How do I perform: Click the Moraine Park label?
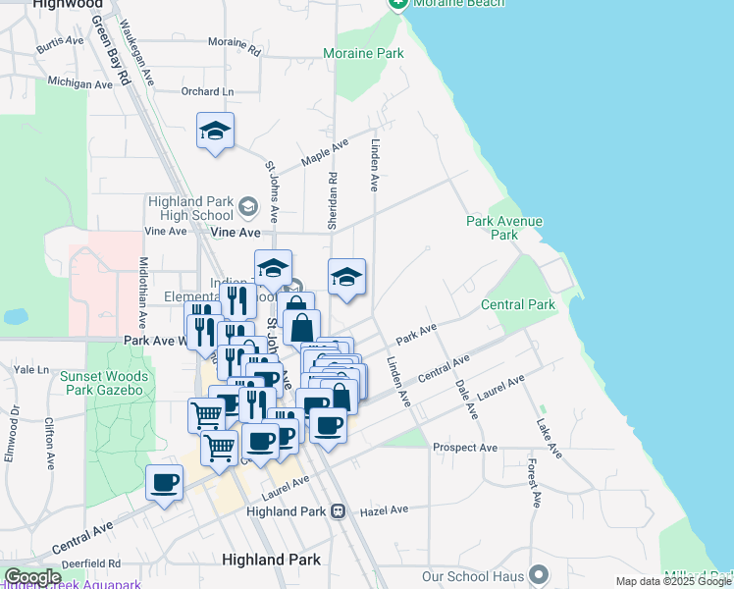[364, 53]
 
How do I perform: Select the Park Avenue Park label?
[504, 228]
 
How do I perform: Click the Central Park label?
[518, 304]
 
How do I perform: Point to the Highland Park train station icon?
[338, 511]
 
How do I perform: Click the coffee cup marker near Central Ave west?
[165, 482]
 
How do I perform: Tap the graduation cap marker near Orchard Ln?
[215, 131]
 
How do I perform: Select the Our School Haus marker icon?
[538, 573]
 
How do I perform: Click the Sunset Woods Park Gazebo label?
[105, 383]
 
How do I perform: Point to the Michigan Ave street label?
[80, 84]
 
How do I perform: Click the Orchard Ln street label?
[208, 91]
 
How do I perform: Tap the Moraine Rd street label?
[235, 45]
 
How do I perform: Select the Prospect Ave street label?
[465, 448]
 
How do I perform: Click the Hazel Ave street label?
[384, 510]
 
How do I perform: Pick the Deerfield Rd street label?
[88, 563]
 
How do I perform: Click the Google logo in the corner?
[31, 577]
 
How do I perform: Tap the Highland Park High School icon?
[247, 207]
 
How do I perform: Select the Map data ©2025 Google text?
[673, 581]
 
